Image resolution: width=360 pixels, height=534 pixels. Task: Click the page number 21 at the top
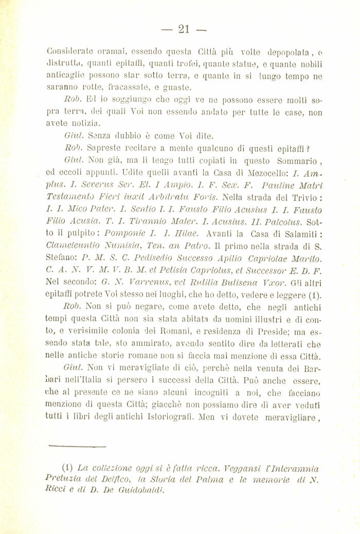(x=184, y=29)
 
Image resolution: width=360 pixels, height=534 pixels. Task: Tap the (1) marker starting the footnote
(x=67, y=469)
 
